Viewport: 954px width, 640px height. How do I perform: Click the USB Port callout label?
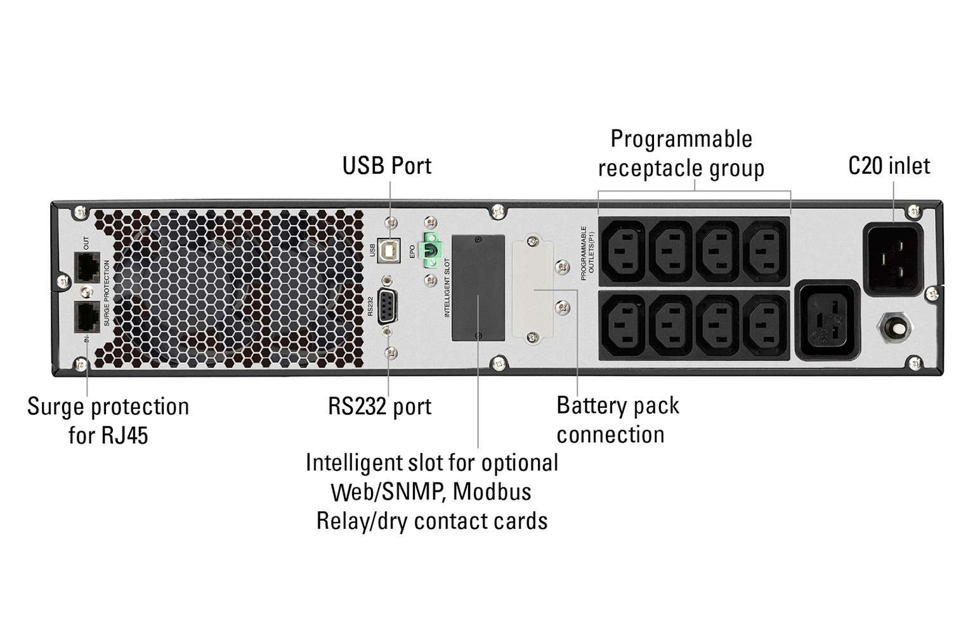click(x=386, y=166)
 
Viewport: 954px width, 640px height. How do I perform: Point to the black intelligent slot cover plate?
click(x=478, y=287)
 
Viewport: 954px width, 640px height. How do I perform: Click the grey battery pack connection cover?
click(x=532, y=289)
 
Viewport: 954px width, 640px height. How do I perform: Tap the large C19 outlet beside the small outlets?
click(x=827, y=320)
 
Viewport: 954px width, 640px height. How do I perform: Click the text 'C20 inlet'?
click(x=889, y=166)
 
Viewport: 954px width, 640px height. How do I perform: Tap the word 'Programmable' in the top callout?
click(x=681, y=140)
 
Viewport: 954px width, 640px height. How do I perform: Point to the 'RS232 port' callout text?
click(x=379, y=407)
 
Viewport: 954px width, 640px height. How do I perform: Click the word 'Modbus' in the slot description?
click(x=492, y=492)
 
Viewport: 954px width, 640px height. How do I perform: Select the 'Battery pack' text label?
click(x=617, y=406)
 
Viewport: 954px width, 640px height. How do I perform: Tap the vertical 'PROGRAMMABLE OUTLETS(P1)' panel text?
click(x=587, y=252)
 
